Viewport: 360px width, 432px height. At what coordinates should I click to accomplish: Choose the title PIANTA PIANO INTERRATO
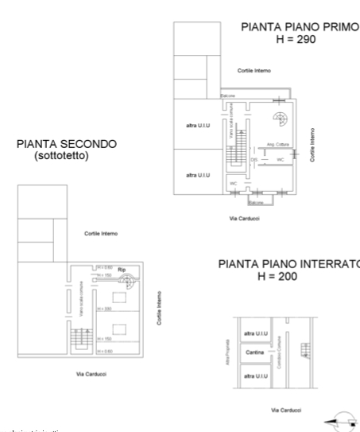tap(289, 263)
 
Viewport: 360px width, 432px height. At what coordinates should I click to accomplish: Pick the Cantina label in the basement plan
tap(254, 352)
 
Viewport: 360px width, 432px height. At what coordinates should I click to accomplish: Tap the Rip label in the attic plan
tap(122, 270)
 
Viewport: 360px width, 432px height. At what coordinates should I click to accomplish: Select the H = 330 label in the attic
tap(103, 308)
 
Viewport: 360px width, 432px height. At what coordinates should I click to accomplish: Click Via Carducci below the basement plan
tap(286, 409)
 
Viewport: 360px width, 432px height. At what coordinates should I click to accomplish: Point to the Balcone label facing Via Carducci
tap(255, 202)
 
